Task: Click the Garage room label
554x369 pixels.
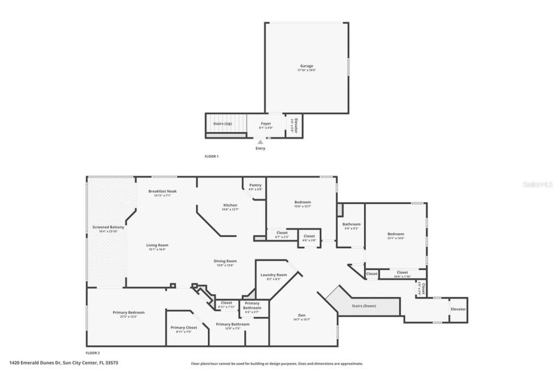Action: (x=306, y=67)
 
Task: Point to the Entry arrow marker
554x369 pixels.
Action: (x=261, y=141)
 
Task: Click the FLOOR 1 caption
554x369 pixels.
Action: (x=211, y=156)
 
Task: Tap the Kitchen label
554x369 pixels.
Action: (x=230, y=207)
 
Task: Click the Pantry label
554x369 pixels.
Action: (x=255, y=186)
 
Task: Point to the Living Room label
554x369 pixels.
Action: (x=157, y=246)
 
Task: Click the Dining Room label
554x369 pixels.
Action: (x=224, y=262)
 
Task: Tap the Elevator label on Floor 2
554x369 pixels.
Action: (x=458, y=309)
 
